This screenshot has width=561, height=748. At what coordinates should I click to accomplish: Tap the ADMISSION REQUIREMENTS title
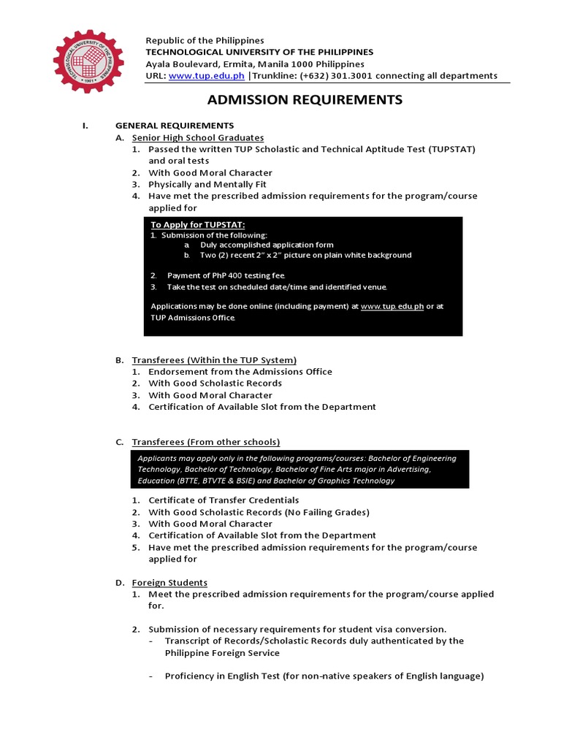click(305, 100)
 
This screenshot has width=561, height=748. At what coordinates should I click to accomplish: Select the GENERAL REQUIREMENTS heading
click(175, 126)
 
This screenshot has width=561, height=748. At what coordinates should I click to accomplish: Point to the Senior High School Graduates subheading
click(197, 137)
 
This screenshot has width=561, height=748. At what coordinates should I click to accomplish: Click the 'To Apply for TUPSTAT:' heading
click(197, 224)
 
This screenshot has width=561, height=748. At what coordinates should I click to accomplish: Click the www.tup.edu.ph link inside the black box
click(392, 307)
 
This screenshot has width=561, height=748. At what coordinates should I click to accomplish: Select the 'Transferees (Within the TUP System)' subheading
click(214, 359)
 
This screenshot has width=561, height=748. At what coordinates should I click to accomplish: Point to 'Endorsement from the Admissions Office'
click(240, 371)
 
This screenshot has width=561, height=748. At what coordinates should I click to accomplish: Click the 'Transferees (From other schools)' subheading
click(205, 442)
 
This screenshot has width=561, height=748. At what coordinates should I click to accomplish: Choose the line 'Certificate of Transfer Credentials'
click(224, 500)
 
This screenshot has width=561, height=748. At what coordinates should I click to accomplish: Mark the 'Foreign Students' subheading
click(169, 582)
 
